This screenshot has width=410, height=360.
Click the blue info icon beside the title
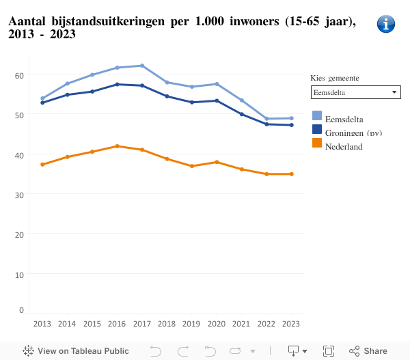click(x=386, y=24)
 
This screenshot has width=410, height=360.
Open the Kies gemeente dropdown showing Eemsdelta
click(x=355, y=92)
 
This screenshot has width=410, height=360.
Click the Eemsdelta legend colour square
click(x=317, y=115)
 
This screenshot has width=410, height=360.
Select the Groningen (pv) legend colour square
click(x=317, y=129)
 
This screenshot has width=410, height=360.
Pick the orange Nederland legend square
click(x=317, y=143)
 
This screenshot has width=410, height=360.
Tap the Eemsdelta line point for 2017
click(x=142, y=66)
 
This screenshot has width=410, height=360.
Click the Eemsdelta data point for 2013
click(x=42, y=98)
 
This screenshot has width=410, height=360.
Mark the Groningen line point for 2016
click(x=117, y=84)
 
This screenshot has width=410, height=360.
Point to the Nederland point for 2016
click(x=117, y=146)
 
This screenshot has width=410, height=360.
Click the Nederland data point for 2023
click(x=292, y=174)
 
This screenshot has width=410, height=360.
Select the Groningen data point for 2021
click(x=242, y=114)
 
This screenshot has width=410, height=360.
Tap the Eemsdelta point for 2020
click(x=217, y=84)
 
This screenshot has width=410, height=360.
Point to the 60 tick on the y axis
click(x=18, y=74)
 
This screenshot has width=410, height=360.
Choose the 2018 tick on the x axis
click(x=167, y=323)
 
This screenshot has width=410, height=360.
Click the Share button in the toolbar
click(x=368, y=351)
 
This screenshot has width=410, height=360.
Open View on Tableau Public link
click(x=76, y=351)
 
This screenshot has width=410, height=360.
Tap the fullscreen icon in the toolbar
click(x=329, y=351)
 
